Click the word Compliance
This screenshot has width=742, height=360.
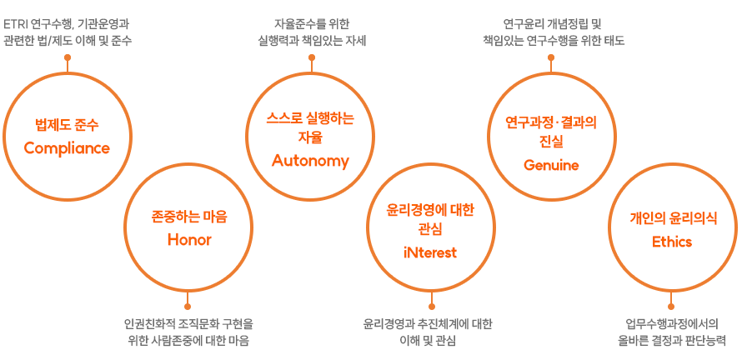(x=67, y=148)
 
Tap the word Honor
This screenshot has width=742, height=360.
(x=189, y=240)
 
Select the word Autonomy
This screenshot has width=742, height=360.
(x=310, y=161)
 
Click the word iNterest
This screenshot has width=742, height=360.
(x=430, y=252)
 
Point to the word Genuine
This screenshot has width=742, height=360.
(x=551, y=165)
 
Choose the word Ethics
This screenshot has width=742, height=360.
(x=672, y=242)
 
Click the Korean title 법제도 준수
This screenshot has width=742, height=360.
(x=67, y=125)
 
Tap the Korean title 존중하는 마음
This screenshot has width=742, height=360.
(x=189, y=216)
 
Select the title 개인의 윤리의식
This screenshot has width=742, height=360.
(x=672, y=217)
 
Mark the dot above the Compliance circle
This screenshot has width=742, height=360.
(x=67, y=57)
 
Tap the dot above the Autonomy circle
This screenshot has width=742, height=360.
(x=311, y=57)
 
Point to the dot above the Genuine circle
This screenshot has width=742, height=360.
(x=551, y=57)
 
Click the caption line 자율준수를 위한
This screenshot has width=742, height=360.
(x=311, y=22)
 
